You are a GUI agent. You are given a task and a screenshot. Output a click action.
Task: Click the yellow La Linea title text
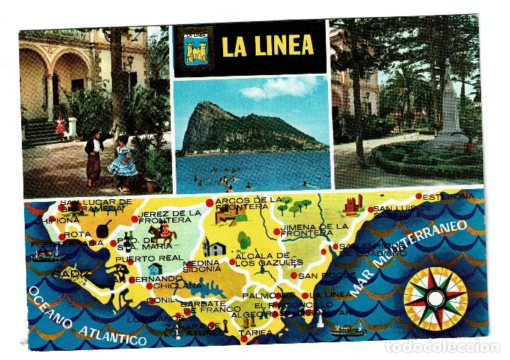(268, 46)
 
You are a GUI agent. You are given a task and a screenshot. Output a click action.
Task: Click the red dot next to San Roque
(293, 275)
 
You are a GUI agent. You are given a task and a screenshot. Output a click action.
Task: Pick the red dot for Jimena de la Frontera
(276, 232)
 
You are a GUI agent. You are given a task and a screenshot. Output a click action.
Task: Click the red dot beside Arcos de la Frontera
(209, 203)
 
